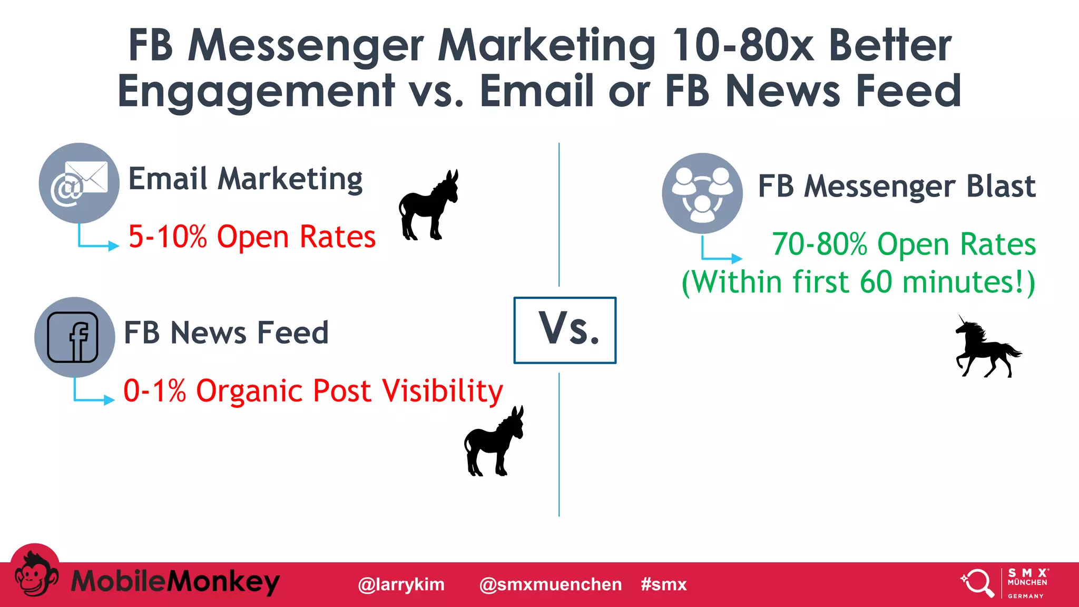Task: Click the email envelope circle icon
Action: [x=79, y=183]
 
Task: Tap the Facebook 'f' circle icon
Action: [x=74, y=337]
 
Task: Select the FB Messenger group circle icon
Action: [x=702, y=193]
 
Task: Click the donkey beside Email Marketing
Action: [x=428, y=206]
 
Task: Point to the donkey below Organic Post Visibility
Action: [x=493, y=442]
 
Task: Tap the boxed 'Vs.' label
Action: [x=565, y=330]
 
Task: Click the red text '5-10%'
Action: [x=168, y=237]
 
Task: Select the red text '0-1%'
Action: [x=154, y=391]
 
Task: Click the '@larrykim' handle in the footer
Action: [x=401, y=584]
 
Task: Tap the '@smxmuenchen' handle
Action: [x=551, y=584]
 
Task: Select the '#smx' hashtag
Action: [x=664, y=584]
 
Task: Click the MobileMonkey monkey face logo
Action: [x=35, y=575]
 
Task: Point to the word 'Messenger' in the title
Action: [x=306, y=45]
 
